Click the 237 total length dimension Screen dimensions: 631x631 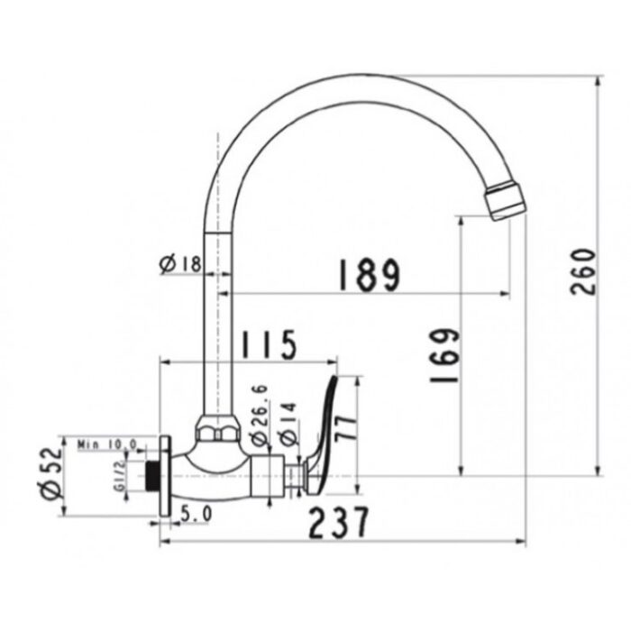coord(340,522)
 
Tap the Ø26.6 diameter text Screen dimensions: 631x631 coord(259,414)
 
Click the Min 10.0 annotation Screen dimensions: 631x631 coord(106,444)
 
